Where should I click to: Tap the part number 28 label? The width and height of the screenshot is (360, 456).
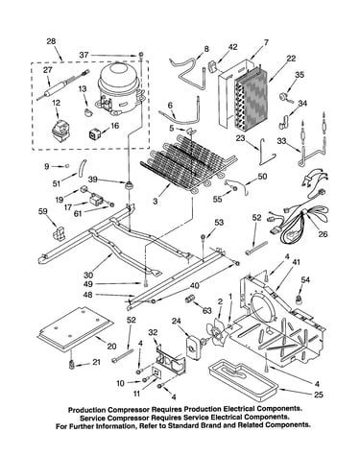[x=51, y=41]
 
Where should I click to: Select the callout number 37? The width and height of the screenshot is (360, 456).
[x=84, y=55]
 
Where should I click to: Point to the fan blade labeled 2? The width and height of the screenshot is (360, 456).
[x=217, y=332]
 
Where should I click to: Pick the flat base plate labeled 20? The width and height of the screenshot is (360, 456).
[x=76, y=329]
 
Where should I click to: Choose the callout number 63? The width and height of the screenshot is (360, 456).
[x=207, y=310]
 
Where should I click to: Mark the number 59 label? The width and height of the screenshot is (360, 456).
[x=42, y=211]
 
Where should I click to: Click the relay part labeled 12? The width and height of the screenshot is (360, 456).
[x=61, y=131]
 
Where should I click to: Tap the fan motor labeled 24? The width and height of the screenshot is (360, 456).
[x=193, y=347]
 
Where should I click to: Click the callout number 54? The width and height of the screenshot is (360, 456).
[x=305, y=280]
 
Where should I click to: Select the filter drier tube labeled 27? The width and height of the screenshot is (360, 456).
[x=62, y=85]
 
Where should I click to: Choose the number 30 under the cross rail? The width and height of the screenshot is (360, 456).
[x=88, y=276]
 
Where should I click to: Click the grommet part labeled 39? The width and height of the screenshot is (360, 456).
[x=129, y=185]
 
